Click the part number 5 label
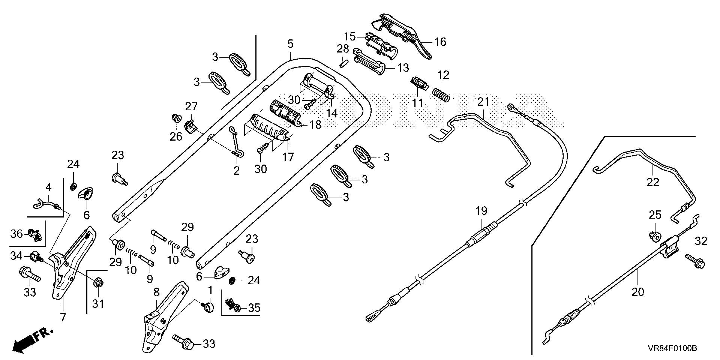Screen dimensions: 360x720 [x=290, y=44]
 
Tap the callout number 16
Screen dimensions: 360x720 [x=440, y=42]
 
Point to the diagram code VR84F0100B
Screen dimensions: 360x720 [x=672, y=348]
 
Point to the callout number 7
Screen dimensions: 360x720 [x=63, y=318]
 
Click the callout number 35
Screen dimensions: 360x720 [x=254, y=308]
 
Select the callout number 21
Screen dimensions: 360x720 [x=483, y=102]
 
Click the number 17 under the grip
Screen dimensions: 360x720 [x=288, y=156]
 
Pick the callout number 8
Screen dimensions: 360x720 [x=156, y=292]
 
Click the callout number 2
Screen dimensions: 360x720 [x=236, y=171]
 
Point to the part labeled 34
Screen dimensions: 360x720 [x=36, y=257]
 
